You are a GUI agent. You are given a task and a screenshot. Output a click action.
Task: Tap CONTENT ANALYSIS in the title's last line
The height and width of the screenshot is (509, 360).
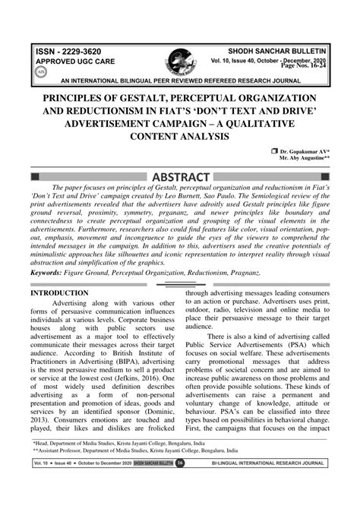180,137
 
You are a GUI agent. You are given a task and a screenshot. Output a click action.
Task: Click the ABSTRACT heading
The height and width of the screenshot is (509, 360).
180,178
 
